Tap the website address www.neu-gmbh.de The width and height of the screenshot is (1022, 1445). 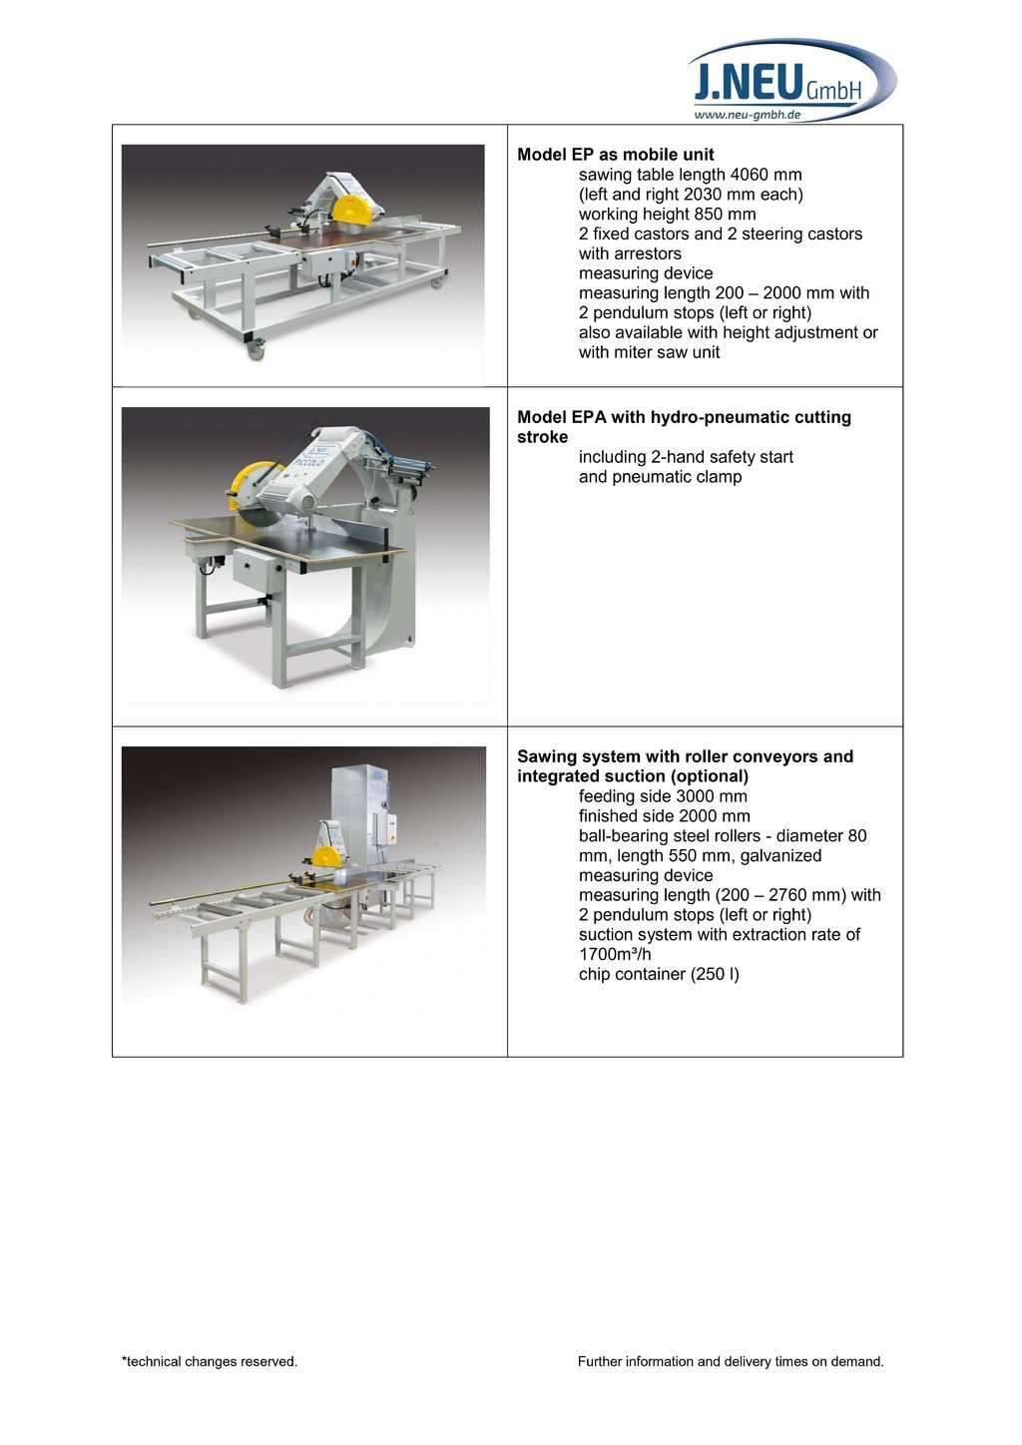pos(747,115)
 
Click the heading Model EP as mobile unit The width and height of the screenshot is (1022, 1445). pos(616,155)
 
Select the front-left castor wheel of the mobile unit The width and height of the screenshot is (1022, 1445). pos(255,348)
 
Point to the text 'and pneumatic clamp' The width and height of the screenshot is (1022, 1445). pos(660,477)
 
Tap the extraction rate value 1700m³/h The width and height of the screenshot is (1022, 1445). pos(615,954)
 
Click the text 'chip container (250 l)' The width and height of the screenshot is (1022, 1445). pos(659,974)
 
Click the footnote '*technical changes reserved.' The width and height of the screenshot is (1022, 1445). pos(210,1361)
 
